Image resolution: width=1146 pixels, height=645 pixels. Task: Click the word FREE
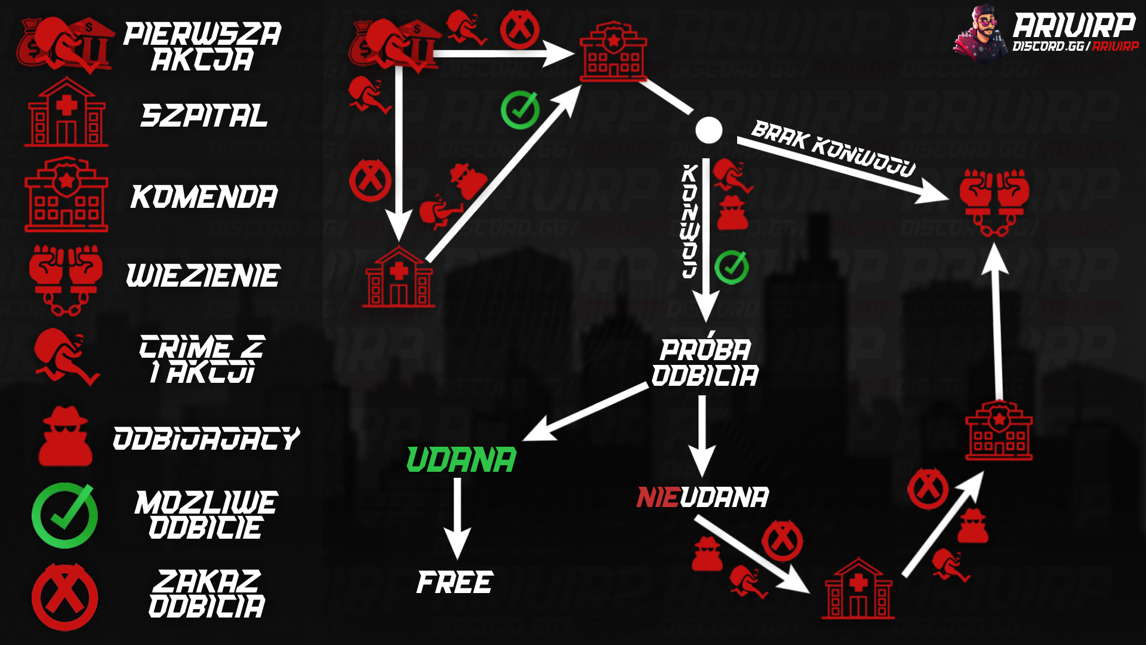455,583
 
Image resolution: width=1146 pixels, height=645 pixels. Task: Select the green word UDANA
461,460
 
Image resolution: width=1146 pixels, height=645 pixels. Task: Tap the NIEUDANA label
703,497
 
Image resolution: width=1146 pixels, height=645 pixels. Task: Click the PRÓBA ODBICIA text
705,363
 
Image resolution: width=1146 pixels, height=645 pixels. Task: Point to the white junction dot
709,130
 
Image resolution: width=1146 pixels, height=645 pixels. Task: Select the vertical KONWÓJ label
690,221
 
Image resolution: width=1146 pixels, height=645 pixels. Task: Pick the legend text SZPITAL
204,116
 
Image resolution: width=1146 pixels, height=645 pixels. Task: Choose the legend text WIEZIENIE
203,276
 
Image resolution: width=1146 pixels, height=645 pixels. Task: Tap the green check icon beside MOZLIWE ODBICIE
64,515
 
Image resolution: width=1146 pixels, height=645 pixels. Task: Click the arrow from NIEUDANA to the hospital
752,554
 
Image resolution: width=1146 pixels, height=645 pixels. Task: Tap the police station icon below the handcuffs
999,431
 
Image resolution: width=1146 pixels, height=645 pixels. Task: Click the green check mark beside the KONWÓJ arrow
732,267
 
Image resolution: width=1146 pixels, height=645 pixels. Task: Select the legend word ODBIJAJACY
207,438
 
